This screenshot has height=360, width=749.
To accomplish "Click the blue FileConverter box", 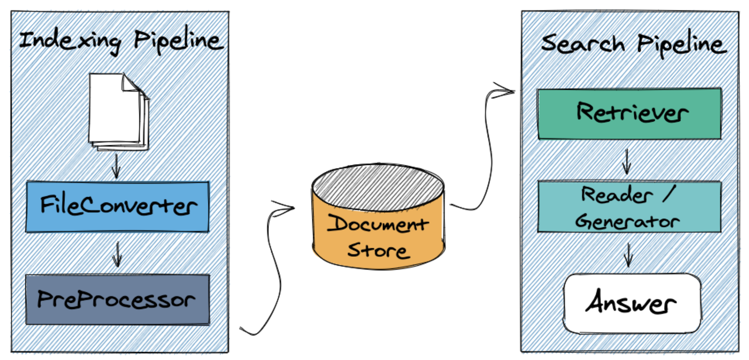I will click(118, 207).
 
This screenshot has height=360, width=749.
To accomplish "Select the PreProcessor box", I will click(118, 300).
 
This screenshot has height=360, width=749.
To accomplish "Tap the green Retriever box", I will click(629, 113).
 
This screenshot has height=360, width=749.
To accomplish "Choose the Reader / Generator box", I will click(629, 207).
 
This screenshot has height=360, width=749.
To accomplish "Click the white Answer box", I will click(632, 303).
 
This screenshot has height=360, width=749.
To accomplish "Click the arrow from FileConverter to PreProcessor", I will click(118, 254).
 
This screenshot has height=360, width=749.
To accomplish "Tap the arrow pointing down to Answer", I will click(629, 255).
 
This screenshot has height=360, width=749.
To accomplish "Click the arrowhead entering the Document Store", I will click(286, 207).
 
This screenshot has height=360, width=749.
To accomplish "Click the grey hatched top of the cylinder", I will click(378, 187).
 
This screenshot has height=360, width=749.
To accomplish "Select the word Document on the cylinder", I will click(378, 224).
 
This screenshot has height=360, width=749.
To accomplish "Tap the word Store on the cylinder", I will click(378, 250).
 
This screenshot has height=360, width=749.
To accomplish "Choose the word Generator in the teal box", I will click(627, 221).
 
